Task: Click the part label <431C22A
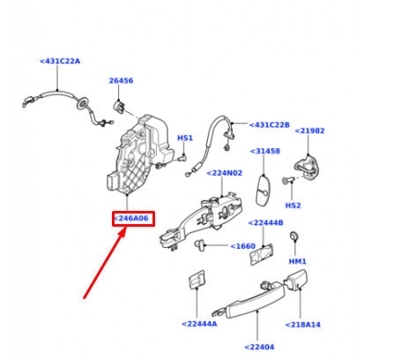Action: pos(60,61)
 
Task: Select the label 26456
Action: pos(121,80)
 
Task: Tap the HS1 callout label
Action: pos(185,138)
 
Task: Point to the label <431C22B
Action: pos(270,125)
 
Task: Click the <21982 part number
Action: pos(309,131)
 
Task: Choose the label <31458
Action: pos(265,151)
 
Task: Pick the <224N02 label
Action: pos(225,173)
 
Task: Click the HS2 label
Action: pos(293,206)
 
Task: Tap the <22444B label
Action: pos(265,222)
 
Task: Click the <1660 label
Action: pos(242,246)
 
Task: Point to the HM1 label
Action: pos(297,261)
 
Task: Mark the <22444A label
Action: pos(199,324)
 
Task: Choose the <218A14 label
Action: pos(303,325)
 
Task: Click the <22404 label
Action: pos(259,347)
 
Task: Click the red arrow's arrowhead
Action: pos(123,232)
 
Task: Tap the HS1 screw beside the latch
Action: pos(182,158)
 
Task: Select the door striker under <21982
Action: pos(307,168)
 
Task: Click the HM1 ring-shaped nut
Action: pos(293,236)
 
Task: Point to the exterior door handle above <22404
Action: pos(249,299)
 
